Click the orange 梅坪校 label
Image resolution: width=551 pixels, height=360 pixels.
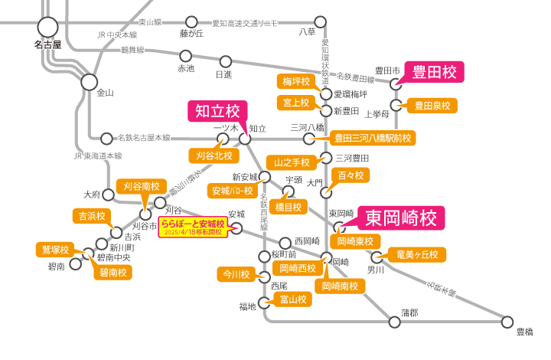pyautogui.click(x=295, y=81)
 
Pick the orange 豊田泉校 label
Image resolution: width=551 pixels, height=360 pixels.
pyautogui.click(x=432, y=105)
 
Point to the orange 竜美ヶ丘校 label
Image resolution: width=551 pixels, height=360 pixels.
pyautogui.click(x=416, y=254)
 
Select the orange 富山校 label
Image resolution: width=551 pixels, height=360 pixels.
pyautogui.click(x=293, y=299)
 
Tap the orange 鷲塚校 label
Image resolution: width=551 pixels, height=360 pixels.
pyautogui.click(x=54, y=250)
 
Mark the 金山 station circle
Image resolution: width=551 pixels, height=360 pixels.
pyautogui.click(x=90, y=81)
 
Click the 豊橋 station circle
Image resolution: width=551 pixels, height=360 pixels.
pyautogui.click(x=507, y=322)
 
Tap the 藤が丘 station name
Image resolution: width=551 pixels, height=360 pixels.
pyautogui.click(x=191, y=33)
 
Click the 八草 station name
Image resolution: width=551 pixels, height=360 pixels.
pyautogui.click(x=307, y=33)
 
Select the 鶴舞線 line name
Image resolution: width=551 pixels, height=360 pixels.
pyautogui.click(x=132, y=51)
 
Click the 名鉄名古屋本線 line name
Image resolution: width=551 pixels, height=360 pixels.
pyautogui.click(x=143, y=138)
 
